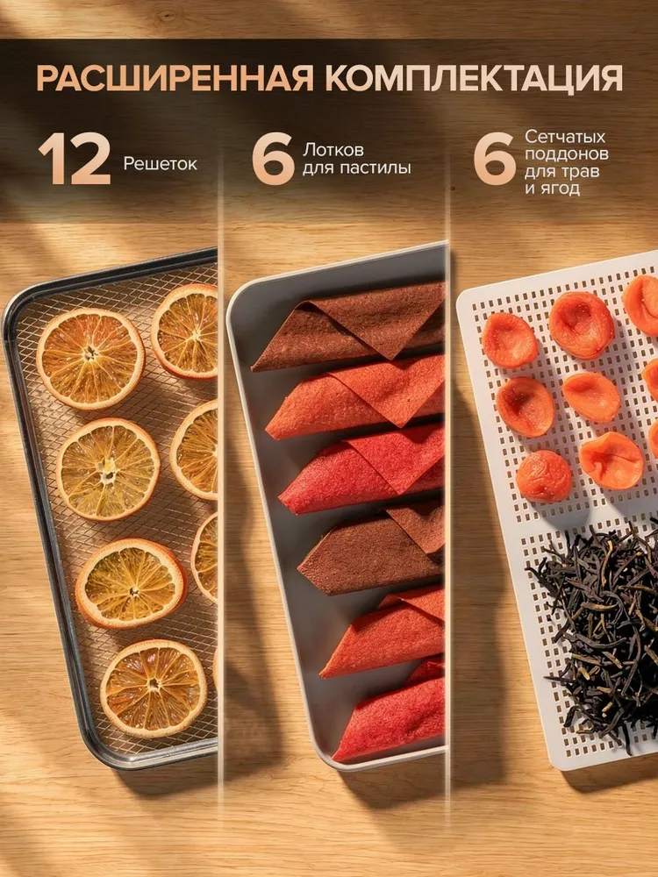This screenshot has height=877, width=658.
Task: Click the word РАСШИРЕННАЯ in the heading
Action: (x=175, y=78)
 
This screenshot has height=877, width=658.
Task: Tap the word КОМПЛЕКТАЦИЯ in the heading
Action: (x=474, y=78)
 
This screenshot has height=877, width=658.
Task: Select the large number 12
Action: (x=75, y=159)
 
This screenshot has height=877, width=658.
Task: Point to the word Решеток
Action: (x=160, y=164)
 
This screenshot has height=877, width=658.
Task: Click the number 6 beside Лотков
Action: (x=273, y=159)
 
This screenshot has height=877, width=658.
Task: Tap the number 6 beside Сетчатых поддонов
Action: (x=495, y=159)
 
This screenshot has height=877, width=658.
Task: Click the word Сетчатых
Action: (x=565, y=137)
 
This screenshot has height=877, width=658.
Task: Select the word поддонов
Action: (x=566, y=153)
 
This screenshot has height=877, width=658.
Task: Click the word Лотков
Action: (x=333, y=150)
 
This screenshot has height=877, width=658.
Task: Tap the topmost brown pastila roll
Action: (x=349, y=328)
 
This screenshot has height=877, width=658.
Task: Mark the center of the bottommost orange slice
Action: (x=154, y=688)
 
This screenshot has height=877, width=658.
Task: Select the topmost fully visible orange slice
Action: (x=90, y=359)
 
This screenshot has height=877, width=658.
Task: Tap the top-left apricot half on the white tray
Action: (x=510, y=340)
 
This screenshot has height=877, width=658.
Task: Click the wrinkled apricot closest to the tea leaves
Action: (x=543, y=476)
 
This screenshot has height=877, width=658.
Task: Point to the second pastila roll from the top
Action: (x=356, y=397)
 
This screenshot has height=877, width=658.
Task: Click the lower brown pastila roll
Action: (x=371, y=548)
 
